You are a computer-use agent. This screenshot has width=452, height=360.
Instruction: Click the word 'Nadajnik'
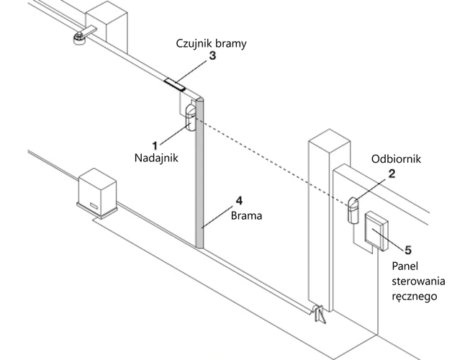point(154,158)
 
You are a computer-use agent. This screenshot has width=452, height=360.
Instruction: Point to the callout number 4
point(239,202)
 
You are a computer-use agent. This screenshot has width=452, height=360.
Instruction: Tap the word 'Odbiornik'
point(394,158)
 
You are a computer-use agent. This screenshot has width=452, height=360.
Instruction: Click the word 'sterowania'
point(417,279)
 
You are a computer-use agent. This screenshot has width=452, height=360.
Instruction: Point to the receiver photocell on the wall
point(353,210)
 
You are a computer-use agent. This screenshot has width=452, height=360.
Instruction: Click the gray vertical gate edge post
point(202,173)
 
